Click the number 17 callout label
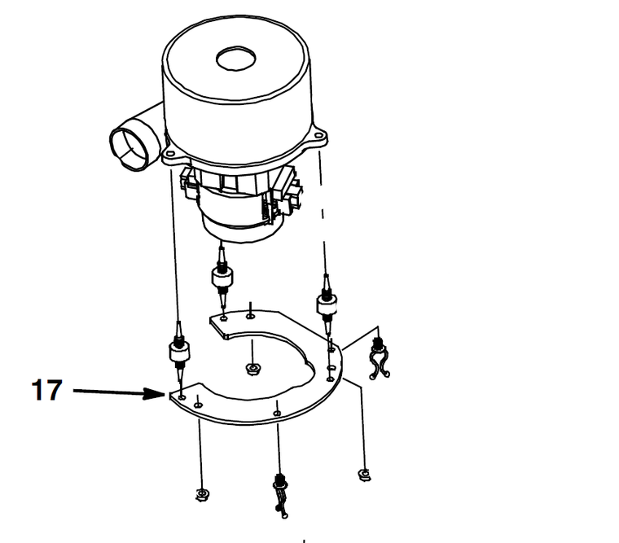(46, 390)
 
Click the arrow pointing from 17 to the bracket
(119, 392)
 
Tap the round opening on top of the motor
(235, 59)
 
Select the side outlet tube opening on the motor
(127, 149)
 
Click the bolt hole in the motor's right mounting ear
(318, 136)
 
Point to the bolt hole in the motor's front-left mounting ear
(170, 153)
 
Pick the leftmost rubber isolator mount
(179, 351)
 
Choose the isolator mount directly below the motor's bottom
(222, 276)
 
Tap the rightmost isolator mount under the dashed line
(327, 303)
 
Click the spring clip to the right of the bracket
(379, 358)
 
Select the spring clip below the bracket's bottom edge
(281, 495)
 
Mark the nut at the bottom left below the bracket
(203, 495)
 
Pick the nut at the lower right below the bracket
(364, 475)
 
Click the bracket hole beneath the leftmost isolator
(182, 397)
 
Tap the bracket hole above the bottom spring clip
(278, 414)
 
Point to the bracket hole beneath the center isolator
(224, 317)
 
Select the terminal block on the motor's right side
(290, 190)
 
